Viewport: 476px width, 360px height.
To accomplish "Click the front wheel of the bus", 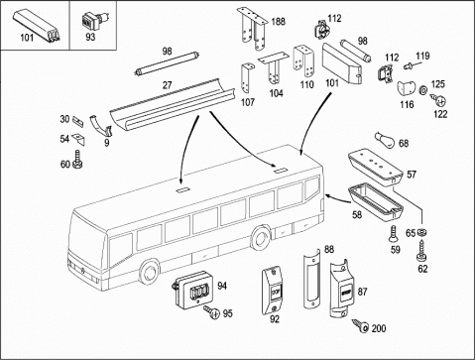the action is (150, 272).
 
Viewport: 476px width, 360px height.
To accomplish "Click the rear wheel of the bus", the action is (262, 238).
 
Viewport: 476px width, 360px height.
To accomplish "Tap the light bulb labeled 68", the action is (385, 140).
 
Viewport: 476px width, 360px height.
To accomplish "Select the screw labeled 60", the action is (77, 159).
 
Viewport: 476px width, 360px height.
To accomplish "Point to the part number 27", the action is (168, 85).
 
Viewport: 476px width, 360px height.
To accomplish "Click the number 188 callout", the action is (278, 22).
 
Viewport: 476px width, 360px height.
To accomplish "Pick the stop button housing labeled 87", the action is (343, 289).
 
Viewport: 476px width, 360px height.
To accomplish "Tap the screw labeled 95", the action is (212, 311).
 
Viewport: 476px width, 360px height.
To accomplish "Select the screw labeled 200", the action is (360, 325).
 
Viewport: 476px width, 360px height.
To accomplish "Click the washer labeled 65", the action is (421, 232).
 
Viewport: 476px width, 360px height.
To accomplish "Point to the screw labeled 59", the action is (394, 234).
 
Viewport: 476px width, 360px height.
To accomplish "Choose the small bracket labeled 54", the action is (78, 139).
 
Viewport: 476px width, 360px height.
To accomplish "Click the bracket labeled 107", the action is (247, 78).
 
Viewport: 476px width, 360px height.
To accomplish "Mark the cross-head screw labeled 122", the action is (439, 99).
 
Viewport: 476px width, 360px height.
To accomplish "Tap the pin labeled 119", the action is (409, 66).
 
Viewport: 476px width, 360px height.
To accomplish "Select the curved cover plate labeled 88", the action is (312, 280).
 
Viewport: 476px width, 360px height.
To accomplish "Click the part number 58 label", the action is (357, 215).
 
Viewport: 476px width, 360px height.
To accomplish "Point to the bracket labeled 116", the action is (407, 88).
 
